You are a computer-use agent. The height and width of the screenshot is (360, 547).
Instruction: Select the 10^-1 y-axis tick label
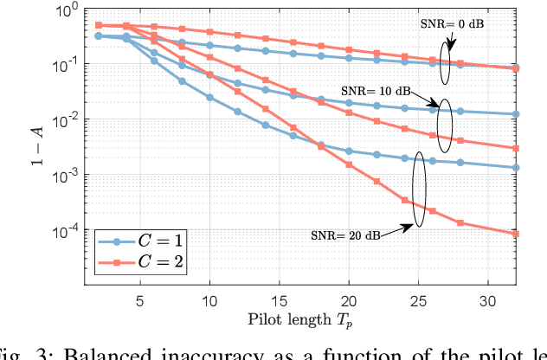(x=68, y=65)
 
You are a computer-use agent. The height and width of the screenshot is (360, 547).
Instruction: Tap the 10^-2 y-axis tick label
(x=68, y=120)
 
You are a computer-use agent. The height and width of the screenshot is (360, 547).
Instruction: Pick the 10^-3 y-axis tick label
(x=68, y=176)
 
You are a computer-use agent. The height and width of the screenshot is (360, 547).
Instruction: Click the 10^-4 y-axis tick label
(x=68, y=231)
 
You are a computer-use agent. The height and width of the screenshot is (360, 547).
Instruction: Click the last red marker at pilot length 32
(x=516, y=234)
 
